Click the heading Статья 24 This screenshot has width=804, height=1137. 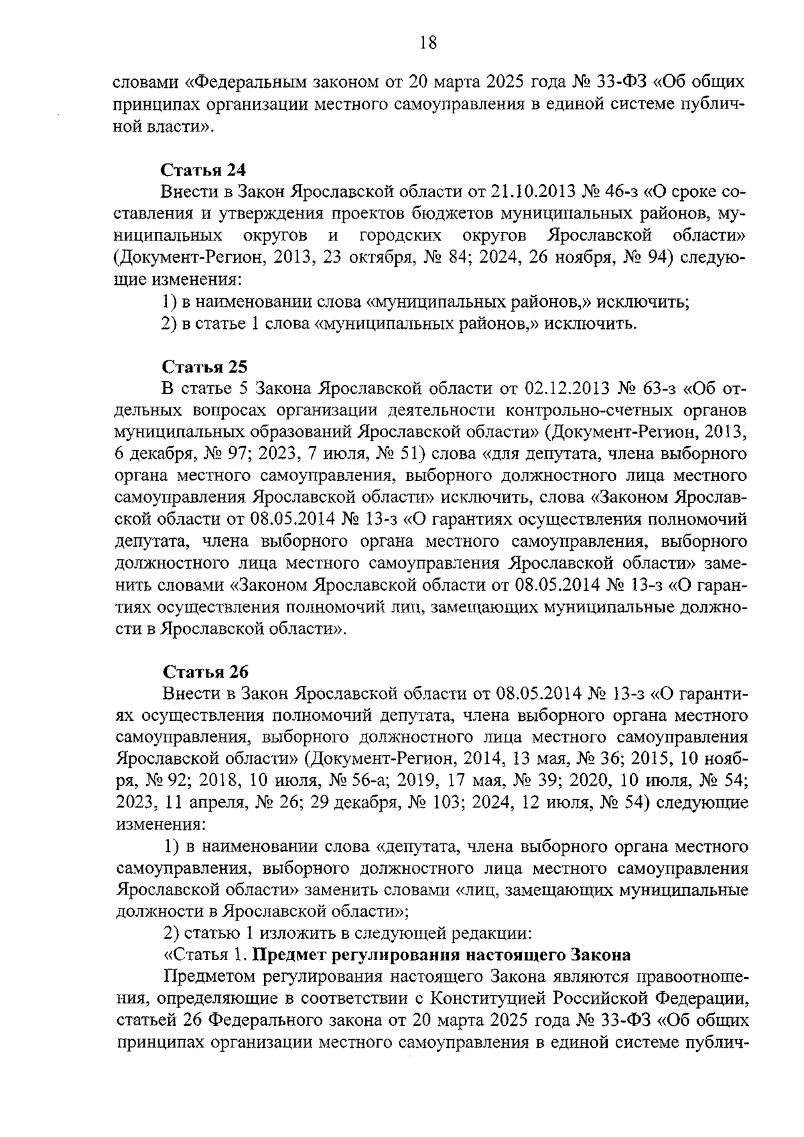(x=204, y=170)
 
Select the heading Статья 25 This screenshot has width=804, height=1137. (x=204, y=367)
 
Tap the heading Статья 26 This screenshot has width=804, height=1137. (x=204, y=671)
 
